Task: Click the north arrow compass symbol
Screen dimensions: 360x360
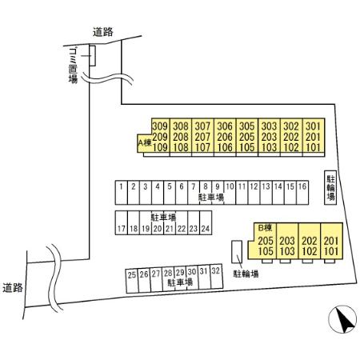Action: [342, 319]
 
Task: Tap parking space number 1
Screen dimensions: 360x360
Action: [122, 193]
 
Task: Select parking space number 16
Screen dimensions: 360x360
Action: [302, 193]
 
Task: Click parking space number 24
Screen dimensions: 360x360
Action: [206, 222]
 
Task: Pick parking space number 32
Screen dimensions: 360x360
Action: [216, 277]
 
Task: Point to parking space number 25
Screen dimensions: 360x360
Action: [132, 281]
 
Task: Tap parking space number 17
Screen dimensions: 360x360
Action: [122, 222]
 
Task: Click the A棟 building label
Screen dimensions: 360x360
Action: [145, 142]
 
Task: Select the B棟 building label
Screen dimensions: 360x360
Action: [265, 228]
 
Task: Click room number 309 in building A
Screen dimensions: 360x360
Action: [160, 126]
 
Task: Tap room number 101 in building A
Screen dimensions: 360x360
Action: [313, 147]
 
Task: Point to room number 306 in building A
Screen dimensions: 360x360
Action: [225, 126]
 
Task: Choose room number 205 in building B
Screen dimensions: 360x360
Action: [266, 241]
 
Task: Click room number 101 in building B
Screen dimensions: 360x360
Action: [331, 251]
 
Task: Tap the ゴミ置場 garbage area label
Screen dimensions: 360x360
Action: [73, 66]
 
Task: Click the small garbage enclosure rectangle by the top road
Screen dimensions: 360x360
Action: [92, 55]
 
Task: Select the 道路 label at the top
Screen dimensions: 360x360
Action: [103, 32]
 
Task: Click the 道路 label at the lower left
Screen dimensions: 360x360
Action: [13, 288]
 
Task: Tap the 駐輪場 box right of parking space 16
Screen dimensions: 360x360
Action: [330, 188]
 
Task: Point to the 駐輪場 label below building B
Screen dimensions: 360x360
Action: [246, 274]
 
